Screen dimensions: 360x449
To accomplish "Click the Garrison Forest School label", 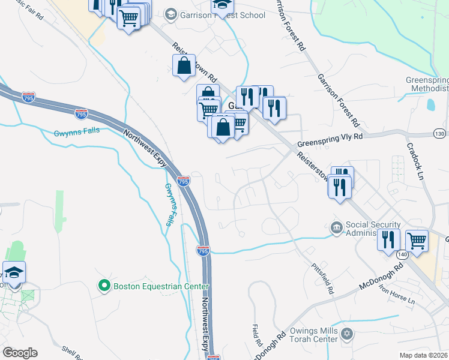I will (222, 15).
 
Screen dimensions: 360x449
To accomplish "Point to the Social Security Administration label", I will (373, 229).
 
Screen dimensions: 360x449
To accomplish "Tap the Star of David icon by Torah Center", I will (346, 333).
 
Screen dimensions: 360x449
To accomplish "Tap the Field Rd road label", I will (253, 340).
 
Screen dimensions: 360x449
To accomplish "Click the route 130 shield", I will (440, 133).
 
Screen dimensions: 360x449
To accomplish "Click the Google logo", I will (20, 353).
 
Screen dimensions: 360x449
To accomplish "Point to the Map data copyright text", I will (424, 355).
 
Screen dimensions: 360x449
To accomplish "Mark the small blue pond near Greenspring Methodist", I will (431, 104).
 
